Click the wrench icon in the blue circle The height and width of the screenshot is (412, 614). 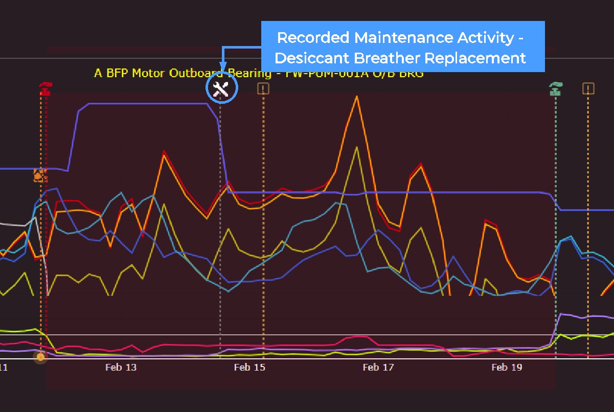point(221,89)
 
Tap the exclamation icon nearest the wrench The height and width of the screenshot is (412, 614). point(263,89)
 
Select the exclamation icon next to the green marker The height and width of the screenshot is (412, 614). point(588,89)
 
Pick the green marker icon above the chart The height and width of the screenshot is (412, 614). point(555,89)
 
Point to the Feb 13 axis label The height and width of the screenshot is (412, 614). point(121,367)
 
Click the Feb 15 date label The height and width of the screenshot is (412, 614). point(249,367)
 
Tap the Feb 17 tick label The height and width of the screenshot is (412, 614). point(378,367)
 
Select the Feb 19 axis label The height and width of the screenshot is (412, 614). point(507,367)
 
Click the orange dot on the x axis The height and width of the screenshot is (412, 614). point(40,357)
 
